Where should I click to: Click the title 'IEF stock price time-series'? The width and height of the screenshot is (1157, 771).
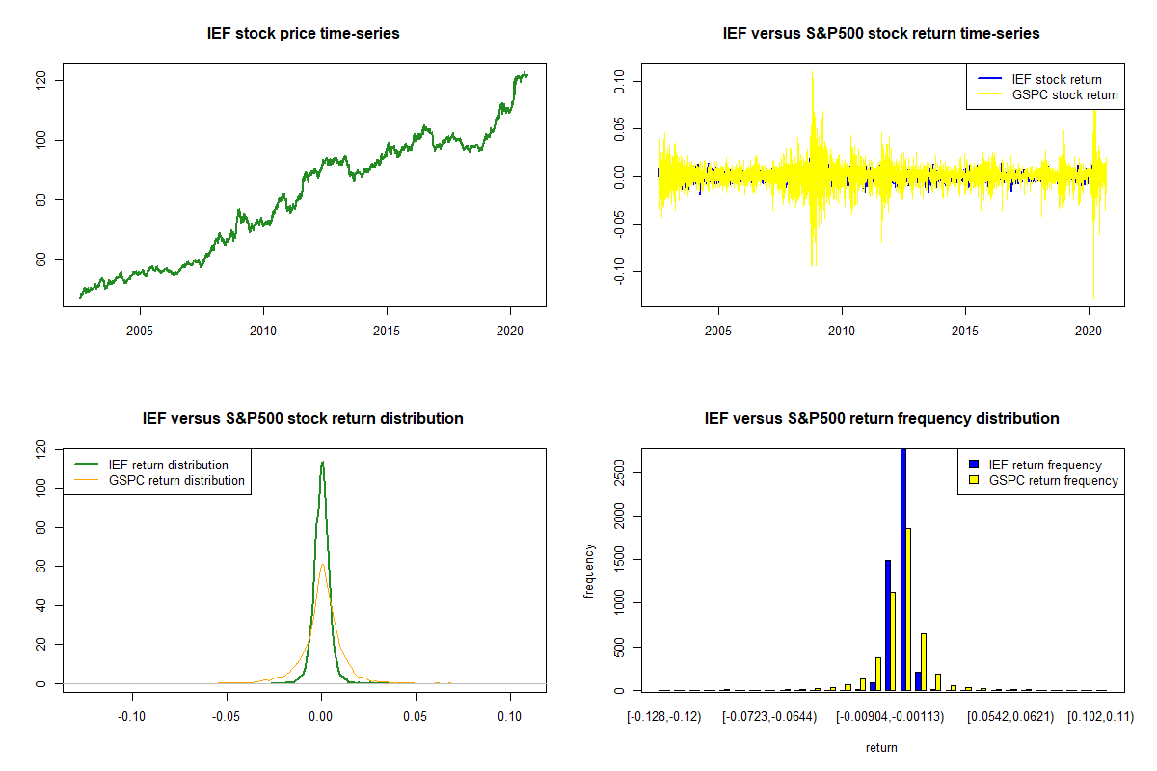[303, 34]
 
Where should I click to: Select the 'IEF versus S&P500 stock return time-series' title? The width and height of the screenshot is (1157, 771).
[881, 34]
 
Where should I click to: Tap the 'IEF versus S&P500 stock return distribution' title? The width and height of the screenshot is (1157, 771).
[303, 419]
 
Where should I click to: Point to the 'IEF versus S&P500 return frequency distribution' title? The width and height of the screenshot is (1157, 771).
[881, 419]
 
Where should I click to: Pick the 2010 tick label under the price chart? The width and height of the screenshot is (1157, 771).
[263, 331]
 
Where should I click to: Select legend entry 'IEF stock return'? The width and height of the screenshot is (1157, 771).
[1056, 79]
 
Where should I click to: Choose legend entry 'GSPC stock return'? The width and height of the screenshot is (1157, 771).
[1064, 94]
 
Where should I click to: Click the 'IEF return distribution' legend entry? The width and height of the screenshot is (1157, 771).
[168, 465]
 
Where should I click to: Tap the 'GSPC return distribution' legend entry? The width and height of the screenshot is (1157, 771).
[176, 480]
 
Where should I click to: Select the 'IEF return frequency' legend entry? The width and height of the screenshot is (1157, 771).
[1045, 465]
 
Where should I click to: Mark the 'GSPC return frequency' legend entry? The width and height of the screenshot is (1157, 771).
[1053, 480]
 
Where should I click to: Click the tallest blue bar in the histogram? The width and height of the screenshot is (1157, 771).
[903, 569]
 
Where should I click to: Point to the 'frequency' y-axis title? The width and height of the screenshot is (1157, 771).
[590, 571]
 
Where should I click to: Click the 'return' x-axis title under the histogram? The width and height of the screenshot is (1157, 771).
[881, 747]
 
